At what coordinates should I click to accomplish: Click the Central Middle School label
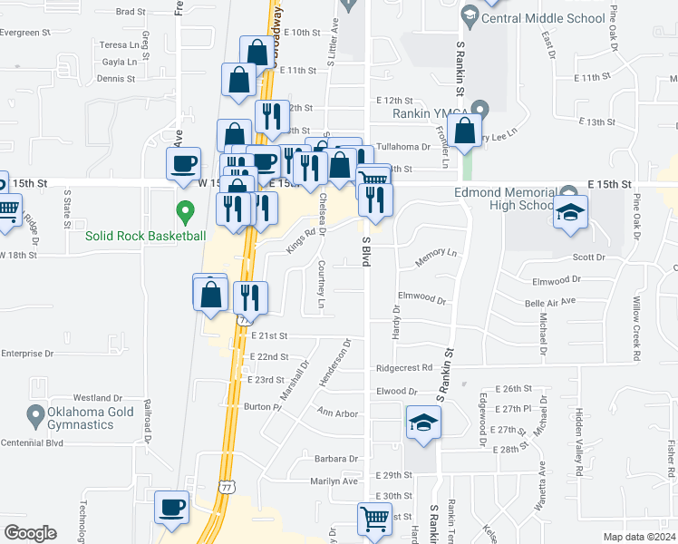(x=544, y=17)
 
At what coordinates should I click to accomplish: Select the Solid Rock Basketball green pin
(x=186, y=213)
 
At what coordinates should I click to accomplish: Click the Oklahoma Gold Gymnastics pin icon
(x=36, y=416)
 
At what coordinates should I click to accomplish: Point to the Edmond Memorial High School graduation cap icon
(x=570, y=214)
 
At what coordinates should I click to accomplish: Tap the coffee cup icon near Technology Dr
(x=171, y=509)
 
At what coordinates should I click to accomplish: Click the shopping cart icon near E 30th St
(x=374, y=520)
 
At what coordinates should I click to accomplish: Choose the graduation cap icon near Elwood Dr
(x=422, y=423)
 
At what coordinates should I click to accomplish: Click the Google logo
(x=30, y=533)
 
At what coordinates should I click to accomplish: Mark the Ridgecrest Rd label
(x=404, y=368)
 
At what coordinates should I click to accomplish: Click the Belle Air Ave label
(x=551, y=301)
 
